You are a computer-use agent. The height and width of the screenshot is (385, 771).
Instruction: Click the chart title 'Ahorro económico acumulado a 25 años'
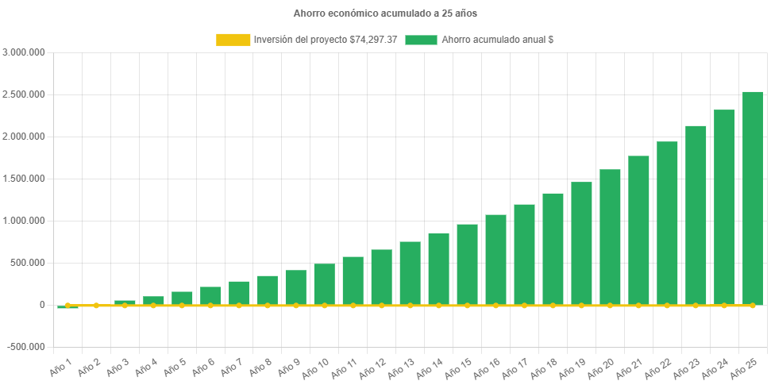385,13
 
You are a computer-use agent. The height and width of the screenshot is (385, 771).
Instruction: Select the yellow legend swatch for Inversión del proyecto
233,39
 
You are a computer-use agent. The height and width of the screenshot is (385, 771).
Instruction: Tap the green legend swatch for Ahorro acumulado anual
421,39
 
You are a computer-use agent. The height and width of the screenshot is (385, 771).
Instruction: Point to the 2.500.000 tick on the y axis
24,94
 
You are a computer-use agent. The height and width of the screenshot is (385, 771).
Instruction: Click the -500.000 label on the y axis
25,347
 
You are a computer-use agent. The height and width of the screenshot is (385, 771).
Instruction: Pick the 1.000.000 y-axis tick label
24,221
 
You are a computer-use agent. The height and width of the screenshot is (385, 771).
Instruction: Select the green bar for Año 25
752,198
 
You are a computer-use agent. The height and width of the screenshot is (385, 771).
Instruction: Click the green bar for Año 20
610,237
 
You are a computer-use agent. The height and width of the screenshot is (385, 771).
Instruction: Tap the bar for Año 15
467,264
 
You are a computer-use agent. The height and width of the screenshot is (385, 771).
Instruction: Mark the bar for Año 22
667,223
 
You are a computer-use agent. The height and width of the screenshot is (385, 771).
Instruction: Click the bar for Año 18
553,248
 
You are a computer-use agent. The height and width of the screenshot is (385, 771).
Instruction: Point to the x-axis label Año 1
61,367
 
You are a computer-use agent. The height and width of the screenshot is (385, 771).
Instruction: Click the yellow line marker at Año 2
96,305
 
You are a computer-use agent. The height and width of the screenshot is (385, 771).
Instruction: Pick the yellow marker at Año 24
723,305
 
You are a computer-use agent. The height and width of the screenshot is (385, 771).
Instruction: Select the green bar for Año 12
381,277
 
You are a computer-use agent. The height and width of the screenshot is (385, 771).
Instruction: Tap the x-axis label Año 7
232,367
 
